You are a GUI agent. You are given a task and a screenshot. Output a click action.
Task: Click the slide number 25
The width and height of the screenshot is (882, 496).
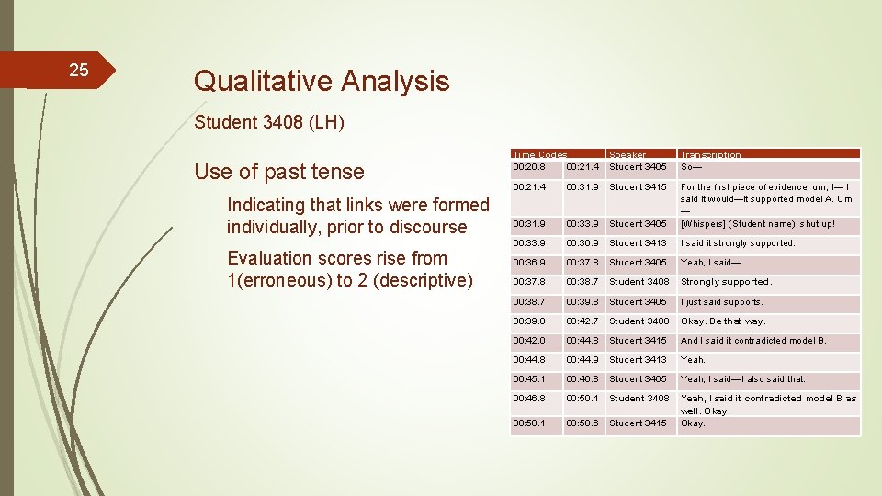click(x=79, y=71)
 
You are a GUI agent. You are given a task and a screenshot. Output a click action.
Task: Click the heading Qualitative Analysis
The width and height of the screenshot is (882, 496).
click(x=321, y=81)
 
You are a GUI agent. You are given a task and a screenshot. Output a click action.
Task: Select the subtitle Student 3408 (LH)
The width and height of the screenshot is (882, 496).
click(x=269, y=122)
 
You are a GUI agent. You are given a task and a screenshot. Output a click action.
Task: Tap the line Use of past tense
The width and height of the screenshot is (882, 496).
click(x=278, y=172)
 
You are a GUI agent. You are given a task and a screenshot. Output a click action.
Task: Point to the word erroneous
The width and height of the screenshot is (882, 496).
click(x=280, y=280)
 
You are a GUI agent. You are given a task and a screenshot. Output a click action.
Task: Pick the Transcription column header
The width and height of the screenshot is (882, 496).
click(x=710, y=155)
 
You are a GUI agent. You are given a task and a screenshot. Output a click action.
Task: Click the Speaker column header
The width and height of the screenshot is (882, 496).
click(x=628, y=155)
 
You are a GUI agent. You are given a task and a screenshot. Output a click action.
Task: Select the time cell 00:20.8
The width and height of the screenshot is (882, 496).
click(x=529, y=167)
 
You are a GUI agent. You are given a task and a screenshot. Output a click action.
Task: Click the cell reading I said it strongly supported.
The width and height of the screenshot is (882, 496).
click(x=737, y=243)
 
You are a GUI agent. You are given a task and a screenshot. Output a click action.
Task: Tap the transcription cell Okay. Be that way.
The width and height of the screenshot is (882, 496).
click(x=722, y=321)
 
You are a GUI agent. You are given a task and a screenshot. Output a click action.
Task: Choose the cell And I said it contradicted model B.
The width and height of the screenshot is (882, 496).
click(x=752, y=341)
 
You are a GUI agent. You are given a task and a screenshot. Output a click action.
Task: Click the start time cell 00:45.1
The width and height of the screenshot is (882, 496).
click(x=529, y=379)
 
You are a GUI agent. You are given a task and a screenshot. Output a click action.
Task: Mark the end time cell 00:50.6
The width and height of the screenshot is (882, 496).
click(x=582, y=423)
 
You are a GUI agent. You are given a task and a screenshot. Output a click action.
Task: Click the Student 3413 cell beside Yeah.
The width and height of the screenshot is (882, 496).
click(x=638, y=360)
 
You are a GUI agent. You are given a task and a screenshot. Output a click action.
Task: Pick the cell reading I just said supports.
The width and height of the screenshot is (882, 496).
click(x=721, y=302)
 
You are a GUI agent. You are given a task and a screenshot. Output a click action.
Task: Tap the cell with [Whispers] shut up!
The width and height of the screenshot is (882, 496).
click(x=757, y=224)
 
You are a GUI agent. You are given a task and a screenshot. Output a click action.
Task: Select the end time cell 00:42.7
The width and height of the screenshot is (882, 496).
click(x=582, y=321)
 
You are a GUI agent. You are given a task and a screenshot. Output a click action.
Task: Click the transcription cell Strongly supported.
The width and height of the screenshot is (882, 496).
click(x=726, y=282)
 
